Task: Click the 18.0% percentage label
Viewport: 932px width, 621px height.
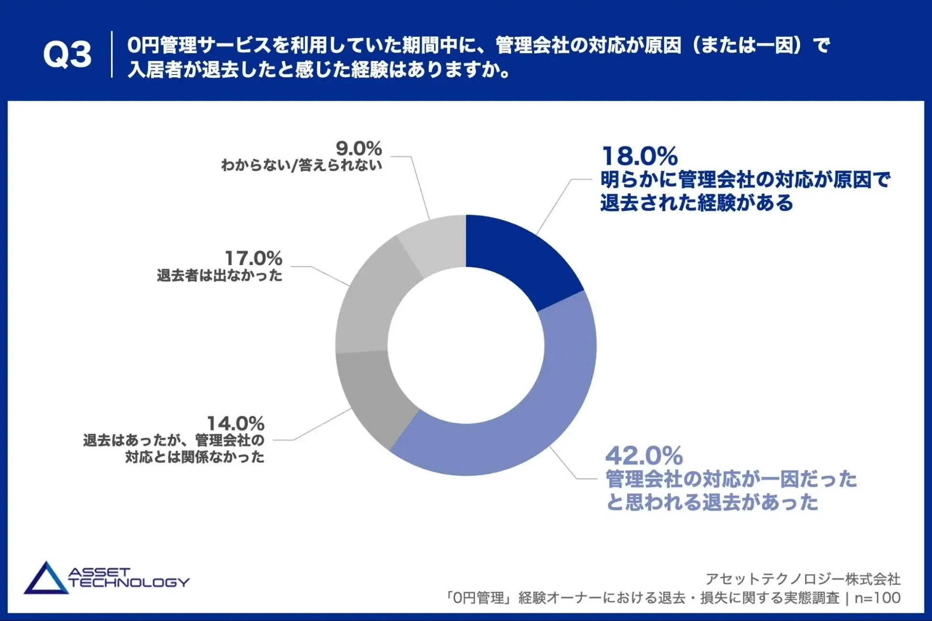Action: [x=639, y=156]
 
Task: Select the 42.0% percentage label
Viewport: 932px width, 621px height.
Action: [x=644, y=456]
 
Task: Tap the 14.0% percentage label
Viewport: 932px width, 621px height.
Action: [x=235, y=423]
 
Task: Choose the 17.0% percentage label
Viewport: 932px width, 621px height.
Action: [x=253, y=258]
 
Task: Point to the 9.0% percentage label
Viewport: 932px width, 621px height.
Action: [x=358, y=148]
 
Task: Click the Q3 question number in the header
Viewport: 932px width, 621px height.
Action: [x=67, y=54]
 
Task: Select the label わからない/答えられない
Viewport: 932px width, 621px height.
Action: [x=301, y=165]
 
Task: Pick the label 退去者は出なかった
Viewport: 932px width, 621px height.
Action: [x=219, y=276]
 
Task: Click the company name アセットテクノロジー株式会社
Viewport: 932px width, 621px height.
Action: [x=803, y=579]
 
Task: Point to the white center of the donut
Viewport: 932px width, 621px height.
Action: [x=466, y=345]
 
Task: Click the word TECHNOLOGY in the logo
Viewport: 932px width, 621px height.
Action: [x=129, y=583]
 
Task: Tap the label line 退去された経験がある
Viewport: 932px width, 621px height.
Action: [x=696, y=203]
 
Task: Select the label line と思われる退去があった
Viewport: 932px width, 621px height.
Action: [x=712, y=503]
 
